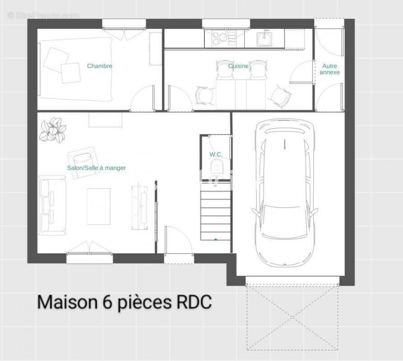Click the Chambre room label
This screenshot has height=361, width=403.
(99, 66)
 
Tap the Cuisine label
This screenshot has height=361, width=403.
(238, 66)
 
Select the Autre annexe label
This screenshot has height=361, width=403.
(329, 69)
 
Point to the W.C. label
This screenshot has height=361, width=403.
(216, 154)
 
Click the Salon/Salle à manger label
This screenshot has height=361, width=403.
(96, 168)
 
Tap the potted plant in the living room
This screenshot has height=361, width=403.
(52, 130)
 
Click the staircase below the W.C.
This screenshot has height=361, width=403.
(216, 212)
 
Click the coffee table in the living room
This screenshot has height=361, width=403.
(98, 206)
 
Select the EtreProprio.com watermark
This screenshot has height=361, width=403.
(43, 15)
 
